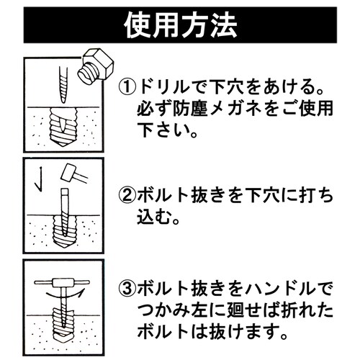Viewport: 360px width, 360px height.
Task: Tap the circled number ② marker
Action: point(127,194)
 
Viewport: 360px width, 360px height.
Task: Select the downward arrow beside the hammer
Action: point(42,176)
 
